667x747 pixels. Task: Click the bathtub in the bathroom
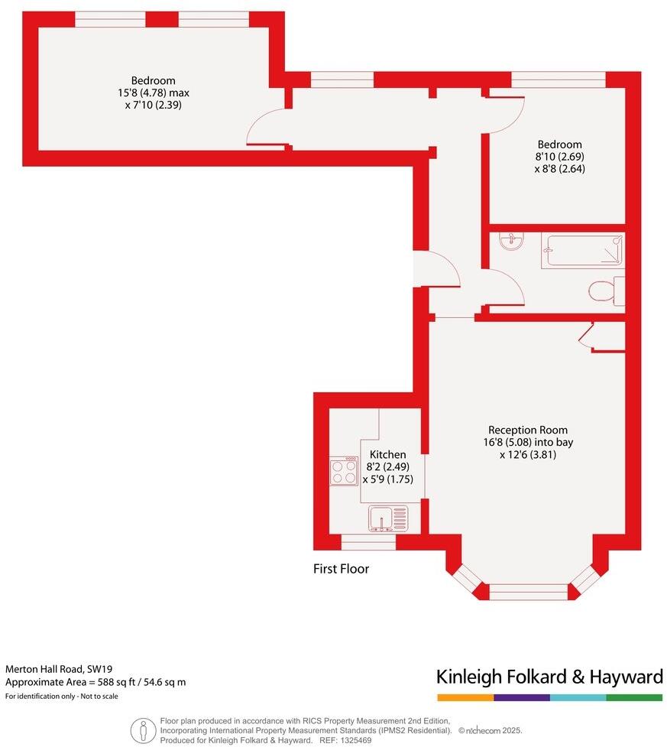tap(582, 251)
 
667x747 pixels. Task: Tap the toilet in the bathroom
tap(604, 291)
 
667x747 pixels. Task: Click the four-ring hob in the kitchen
tap(344, 470)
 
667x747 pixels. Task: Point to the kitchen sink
tap(387, 519)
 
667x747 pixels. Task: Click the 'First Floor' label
tap(341, 569)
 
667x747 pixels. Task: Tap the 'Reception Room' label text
tap(528, 430)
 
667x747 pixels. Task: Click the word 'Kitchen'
tap(387, 455)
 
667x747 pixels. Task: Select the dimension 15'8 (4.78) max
tap(153, 93)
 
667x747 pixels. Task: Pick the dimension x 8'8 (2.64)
tap(559, 169)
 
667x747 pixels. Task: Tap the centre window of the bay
tap(528, 590)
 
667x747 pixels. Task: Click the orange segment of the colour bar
tap(465, 697)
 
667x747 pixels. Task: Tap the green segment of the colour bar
tap(634, 697)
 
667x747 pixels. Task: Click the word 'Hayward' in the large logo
tap(627, 677)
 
